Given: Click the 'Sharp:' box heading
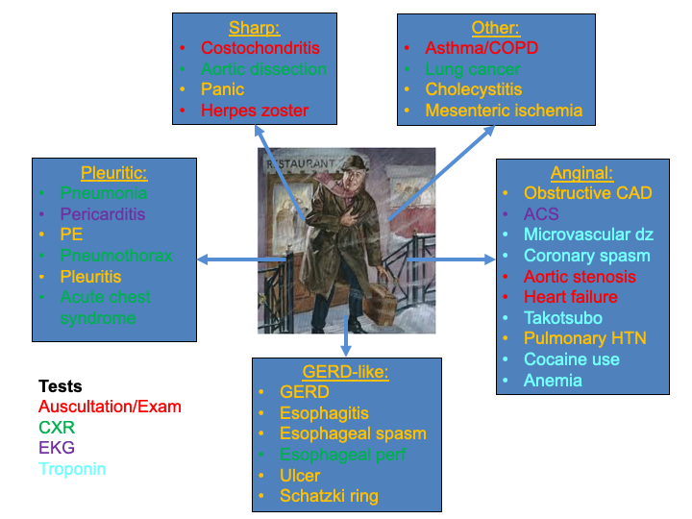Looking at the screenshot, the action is pyautogui.click(x=255, y=27).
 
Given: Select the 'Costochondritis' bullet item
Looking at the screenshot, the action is pyautogui.click(x=259, y=48).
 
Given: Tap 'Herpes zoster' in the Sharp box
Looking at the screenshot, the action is pyautogui.click(x=255, y=111).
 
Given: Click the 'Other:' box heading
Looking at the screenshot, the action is pyautogui.click(x=495, y=27).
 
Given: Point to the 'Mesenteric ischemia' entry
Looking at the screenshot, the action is pyautogui.click(x=504, y=111).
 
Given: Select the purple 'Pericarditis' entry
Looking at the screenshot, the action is pyautogui.click(x=103, y=214).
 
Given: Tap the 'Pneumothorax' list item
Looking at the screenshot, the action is pyautogui.click(x=116, y=256).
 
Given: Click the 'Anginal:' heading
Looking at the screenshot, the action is pyautogui.click(x=581, y=172).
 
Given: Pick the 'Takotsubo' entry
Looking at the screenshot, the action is pyautogui.click(x=563, y=318).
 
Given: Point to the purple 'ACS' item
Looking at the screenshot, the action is pyautogui.click(x=541, y=214).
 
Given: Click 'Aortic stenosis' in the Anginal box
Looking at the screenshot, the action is pyautogui.click(x=580, y=277).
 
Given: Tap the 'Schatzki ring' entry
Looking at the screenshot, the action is pyautogui.click(x=329, y=496).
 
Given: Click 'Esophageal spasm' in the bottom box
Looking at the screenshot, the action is pyautogui.click(x=353, y=433).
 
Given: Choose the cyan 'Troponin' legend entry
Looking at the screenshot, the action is pyautogui.click(x=72, y=469).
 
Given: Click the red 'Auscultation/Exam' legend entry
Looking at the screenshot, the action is pyautogui.click(x=110, y=407).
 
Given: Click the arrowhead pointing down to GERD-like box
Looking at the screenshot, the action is pyautogui.click(x=346, y=351).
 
